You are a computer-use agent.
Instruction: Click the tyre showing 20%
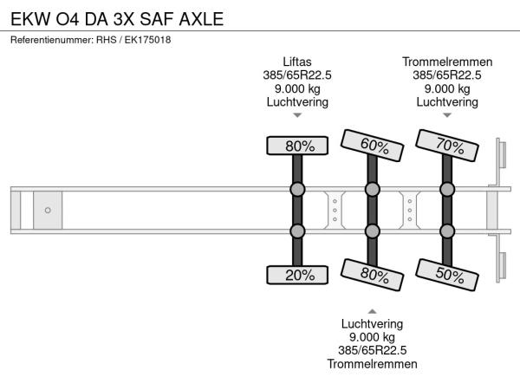tap(297, 275)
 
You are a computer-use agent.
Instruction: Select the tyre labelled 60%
tap(372, 146)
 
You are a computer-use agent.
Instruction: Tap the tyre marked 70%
tap(447, 146)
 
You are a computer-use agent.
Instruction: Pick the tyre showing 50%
tap(447, 275)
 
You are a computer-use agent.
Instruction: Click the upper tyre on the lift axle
tap(297, 146)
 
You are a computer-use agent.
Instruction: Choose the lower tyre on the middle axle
tap(372, 275)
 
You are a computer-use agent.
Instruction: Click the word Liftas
tap(297, 62)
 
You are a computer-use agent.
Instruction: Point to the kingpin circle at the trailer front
tap(48, 210)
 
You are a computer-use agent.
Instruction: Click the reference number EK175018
tap(147, 40)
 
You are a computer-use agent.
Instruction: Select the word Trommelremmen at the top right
tap(447, 62)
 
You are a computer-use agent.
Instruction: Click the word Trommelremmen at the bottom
tap(372, 364)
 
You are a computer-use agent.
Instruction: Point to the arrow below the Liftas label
tap(297, 115)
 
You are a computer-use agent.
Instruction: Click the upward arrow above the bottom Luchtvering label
tap(372, 311)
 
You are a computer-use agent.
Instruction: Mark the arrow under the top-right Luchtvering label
tap(447, 115)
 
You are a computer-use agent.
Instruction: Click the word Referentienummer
tap(52, 40)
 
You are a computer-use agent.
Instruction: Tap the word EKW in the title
tap(30, 19)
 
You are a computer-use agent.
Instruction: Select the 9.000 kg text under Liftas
tap(297, 88)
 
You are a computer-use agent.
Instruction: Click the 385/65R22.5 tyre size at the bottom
tap(372, 350)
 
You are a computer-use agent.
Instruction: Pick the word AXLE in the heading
tap(201, 19)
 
